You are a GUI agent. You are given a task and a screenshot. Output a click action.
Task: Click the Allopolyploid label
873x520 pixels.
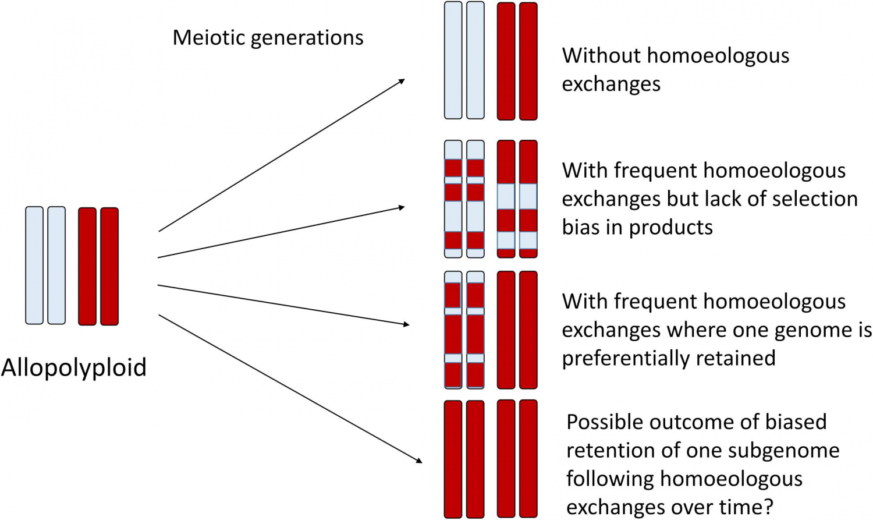74,367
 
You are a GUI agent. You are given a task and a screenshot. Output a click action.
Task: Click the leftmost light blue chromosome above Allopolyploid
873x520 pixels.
34,266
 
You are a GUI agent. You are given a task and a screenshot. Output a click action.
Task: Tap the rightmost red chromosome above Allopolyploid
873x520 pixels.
109,266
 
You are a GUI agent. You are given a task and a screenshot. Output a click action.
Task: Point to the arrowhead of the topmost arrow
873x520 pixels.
402,81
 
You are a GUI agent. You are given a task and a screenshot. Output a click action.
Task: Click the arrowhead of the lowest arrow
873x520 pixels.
419,461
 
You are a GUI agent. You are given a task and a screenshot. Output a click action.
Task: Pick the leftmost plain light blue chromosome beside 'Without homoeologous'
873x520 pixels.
453,61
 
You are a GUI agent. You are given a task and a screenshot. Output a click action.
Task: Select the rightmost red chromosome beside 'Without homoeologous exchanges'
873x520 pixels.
528,61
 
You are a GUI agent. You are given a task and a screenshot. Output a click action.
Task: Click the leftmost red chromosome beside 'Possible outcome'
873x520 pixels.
453,459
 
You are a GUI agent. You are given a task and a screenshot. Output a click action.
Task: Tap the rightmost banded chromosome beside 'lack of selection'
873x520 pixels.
528,199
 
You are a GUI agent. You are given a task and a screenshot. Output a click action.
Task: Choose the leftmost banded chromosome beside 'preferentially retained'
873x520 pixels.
453,330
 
